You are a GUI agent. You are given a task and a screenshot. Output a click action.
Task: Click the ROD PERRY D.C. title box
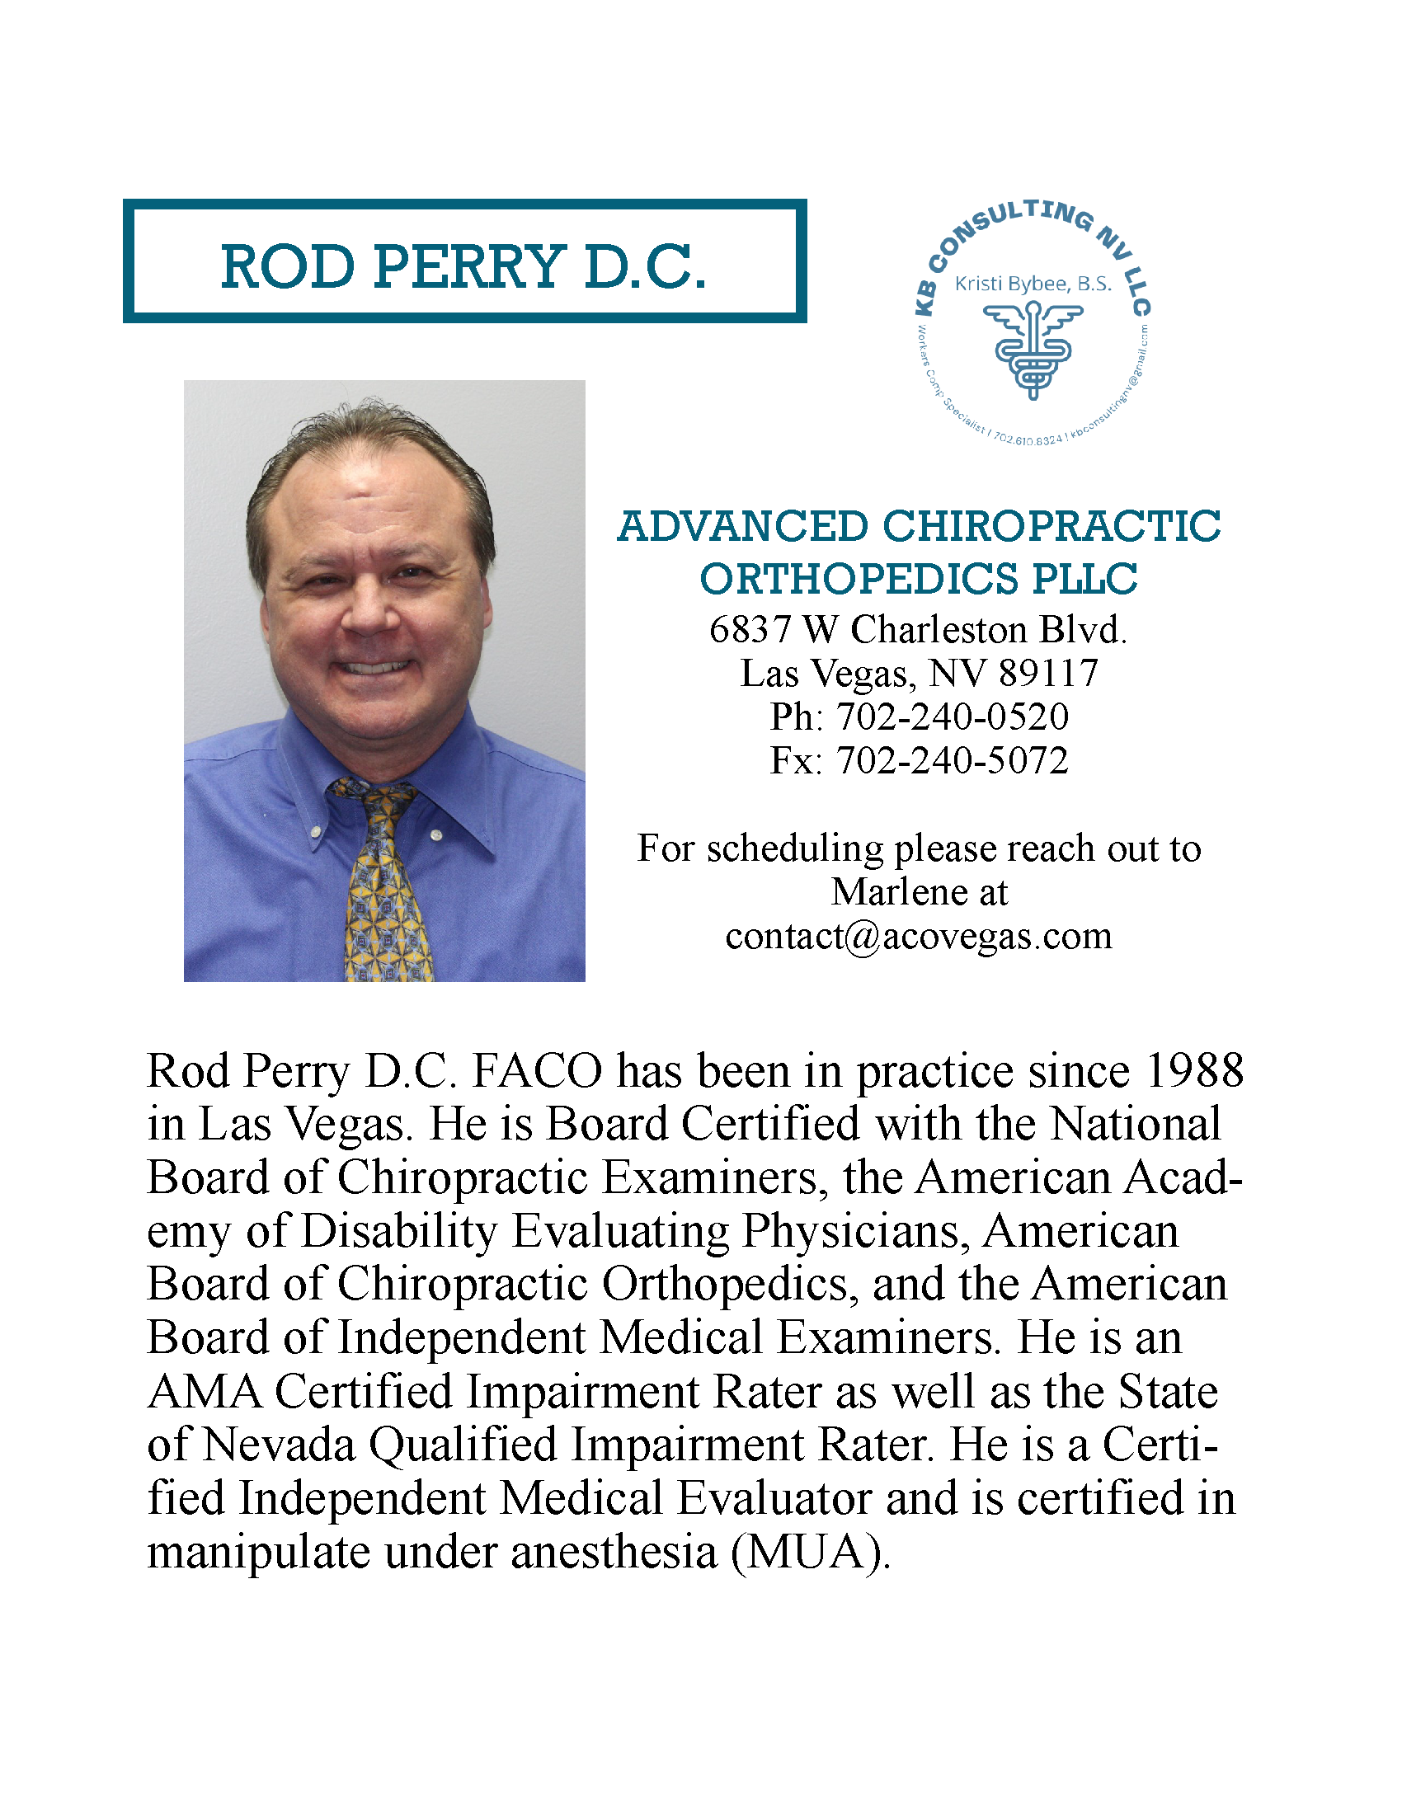pyautogui.click(x=464, y=261)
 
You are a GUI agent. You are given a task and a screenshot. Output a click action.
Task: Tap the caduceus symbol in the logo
pyautogui.click(x=1033, y=349)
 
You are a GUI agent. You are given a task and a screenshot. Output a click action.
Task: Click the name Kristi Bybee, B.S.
pyautogui.click(x=1033, y=284)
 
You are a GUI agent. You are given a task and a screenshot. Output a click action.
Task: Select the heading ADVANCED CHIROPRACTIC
pyautogui.click(x=919, y=527)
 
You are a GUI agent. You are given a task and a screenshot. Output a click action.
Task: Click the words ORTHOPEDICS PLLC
pyautogui.click(x=919, y=579)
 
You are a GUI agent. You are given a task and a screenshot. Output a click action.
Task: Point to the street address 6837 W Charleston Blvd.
pyautogui.click(x=918, y=630)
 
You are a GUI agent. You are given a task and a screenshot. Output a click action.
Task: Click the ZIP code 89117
pyautogui.click(x=1048, y=674)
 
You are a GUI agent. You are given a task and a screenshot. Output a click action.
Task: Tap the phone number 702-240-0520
pyautogui.click(x=952, y=717)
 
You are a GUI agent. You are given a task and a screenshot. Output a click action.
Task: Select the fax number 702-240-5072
pyautogui.click(x=952, y=760)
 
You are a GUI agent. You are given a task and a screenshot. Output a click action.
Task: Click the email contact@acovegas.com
pyautogui.click(x=918, y=936)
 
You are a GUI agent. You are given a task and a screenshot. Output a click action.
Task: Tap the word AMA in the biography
pyautogui.click(x=204, y=1392)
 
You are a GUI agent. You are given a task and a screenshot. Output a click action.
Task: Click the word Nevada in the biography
pyautogui.click(x=279, y=1445)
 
